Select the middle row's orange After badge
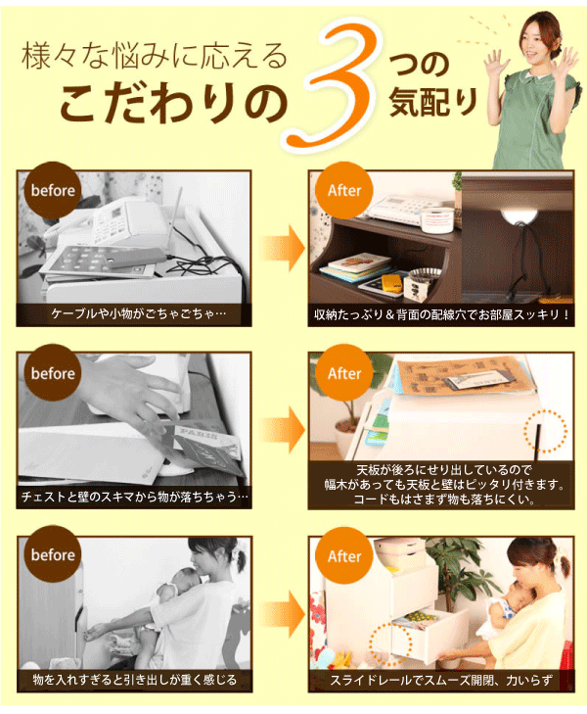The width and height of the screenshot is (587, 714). pos(344,374)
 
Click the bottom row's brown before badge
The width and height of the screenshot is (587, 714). pos(53,555)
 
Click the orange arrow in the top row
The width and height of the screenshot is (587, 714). pos(282,249)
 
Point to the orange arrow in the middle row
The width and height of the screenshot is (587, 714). pos(282,431)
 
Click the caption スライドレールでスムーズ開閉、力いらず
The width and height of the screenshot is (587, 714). pos(442,678)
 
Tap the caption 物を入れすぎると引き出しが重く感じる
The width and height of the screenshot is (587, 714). pos(135,679)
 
